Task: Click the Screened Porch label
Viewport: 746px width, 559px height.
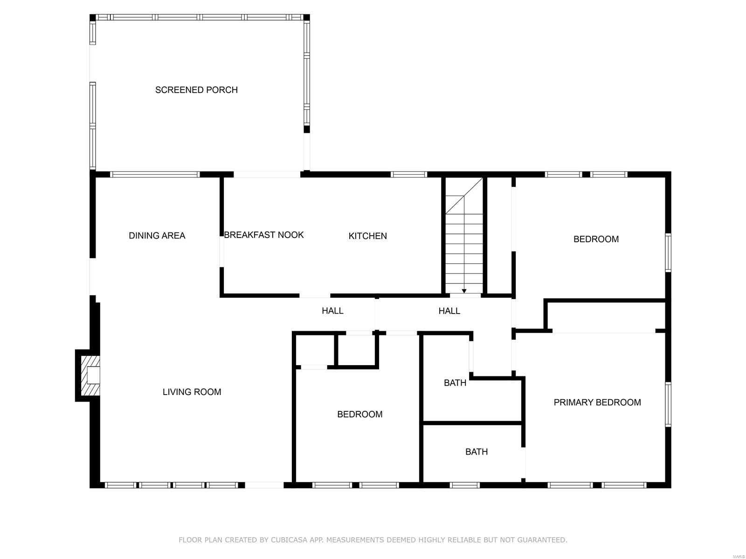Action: click(x=196, y=90)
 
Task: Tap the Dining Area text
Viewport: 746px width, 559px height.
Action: click(x=157, y=236)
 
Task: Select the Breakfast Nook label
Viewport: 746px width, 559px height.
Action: click(x=264, y=235)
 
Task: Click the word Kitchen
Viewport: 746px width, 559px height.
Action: click(x=368, y=236)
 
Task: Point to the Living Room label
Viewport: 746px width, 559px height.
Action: click(x=192, y=392)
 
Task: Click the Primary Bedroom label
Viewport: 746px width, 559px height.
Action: click(x=597, y=402)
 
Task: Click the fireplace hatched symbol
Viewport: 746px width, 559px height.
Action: click(x=91, y=375)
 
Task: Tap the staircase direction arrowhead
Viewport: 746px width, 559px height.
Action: click(x=464, y=291)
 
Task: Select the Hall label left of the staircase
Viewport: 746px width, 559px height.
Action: click(x=332, y=311)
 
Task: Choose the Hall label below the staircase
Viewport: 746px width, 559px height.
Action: click(x=449, y=311)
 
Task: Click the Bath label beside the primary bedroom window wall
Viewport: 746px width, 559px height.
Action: click(x=477, y=452)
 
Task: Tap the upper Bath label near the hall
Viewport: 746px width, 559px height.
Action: click(x=455, y=383)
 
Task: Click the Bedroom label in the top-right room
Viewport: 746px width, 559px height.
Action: click(x=596, y=239)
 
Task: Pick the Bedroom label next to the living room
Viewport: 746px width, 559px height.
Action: click(x=360, y=415)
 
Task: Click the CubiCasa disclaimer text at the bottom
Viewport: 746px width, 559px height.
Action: click(x=373, y=540)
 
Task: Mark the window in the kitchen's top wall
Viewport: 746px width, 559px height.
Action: click(x=409, y=175)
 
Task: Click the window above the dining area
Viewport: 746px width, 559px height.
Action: click(x=155, y=175)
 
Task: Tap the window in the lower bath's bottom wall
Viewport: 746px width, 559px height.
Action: click(x=465, y=485)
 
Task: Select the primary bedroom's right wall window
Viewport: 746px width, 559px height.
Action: click(x=668, y=404)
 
